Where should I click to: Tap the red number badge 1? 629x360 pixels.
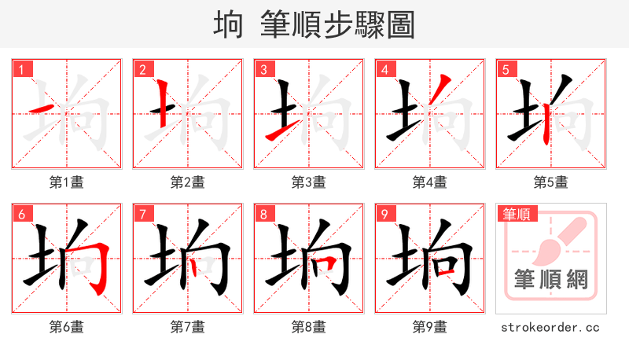(x=21, y=70)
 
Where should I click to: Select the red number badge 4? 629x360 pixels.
(x=384, y=70)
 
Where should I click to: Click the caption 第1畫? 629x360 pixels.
(x=66, y=182)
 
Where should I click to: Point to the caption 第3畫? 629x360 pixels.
(x=308, y=182)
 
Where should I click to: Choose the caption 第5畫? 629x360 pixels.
(x=550, y=182)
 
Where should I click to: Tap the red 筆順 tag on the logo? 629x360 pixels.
(x=517, y=214)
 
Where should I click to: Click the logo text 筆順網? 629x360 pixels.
(x=550, y=279)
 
